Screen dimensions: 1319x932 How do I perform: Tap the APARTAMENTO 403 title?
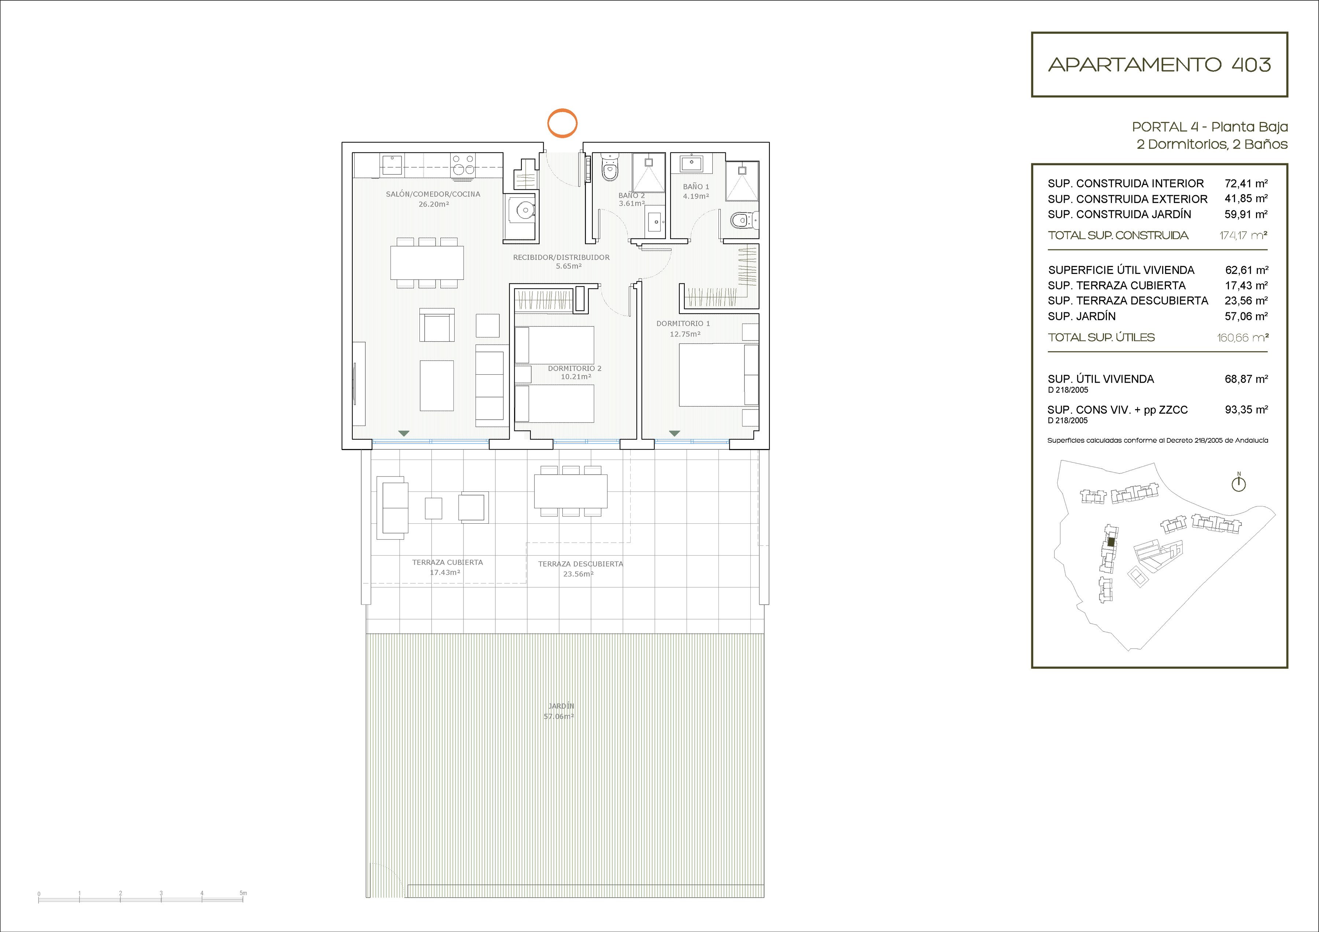click(x=1159, y=65)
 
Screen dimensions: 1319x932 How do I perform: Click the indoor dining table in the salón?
click(x=428, y=263)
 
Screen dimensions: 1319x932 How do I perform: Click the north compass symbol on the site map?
click(x=1238, y=483)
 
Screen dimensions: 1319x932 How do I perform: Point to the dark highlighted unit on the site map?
click(x=1111, y=542)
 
